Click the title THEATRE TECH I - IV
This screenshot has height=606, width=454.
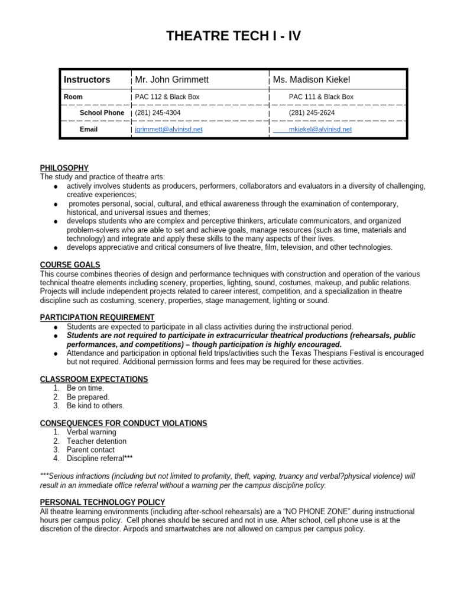233,36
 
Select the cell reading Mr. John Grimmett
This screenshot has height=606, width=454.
171,79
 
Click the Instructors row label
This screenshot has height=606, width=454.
87,79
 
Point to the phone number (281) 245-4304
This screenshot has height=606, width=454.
158,112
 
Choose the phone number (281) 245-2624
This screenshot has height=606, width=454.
312,112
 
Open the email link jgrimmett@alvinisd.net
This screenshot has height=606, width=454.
168,129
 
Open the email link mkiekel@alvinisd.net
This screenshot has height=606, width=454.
320,129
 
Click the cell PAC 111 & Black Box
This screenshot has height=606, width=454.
321,96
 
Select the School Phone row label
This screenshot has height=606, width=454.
102,112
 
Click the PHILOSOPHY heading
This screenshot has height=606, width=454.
64,168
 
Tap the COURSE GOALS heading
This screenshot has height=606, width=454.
70,265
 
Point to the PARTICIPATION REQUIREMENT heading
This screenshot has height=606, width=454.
97,317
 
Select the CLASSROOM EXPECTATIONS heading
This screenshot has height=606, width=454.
93,379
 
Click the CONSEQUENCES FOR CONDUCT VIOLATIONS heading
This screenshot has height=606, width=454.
123,423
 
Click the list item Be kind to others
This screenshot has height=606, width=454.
95,406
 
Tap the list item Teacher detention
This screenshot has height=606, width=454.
96,441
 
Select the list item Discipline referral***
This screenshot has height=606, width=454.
99,458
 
